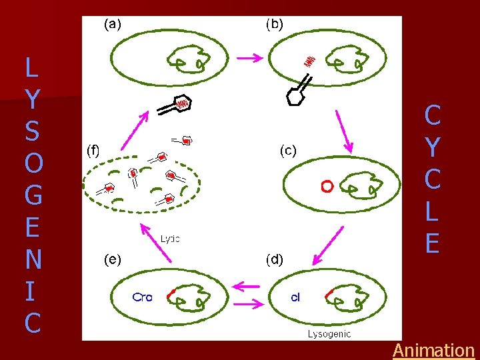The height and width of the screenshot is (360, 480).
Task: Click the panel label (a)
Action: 113,24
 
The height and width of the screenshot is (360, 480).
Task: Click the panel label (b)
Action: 275,24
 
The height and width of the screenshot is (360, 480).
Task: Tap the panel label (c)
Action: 288,151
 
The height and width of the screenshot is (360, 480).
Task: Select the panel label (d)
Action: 274,259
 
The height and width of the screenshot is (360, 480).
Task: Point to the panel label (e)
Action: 113,259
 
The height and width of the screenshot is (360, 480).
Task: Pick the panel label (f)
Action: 93,151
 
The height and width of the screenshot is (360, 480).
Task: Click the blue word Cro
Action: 142,298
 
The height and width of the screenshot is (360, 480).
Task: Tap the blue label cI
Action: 295,297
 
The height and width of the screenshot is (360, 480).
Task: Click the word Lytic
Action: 170,238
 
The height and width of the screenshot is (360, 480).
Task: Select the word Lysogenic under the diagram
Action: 329,333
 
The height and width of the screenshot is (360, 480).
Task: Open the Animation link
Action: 433,350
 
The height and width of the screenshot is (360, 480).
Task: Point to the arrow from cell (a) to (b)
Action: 250,58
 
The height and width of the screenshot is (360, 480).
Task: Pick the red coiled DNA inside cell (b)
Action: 309,61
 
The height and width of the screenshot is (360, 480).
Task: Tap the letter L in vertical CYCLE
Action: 432,212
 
